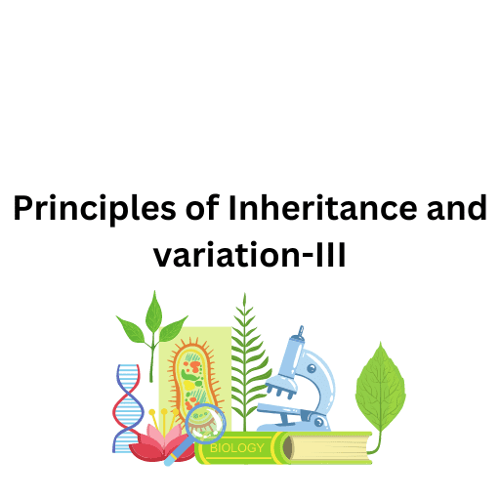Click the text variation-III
[x=250, y=256]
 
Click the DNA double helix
[x=127, y=405]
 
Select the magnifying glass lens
[x=205, y=423]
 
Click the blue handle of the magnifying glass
[x=176, y=454]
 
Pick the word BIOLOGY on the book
[x=235, y=449]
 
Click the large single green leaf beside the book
[x=380, y=391]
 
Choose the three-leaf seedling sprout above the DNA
[x=150, y=327]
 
